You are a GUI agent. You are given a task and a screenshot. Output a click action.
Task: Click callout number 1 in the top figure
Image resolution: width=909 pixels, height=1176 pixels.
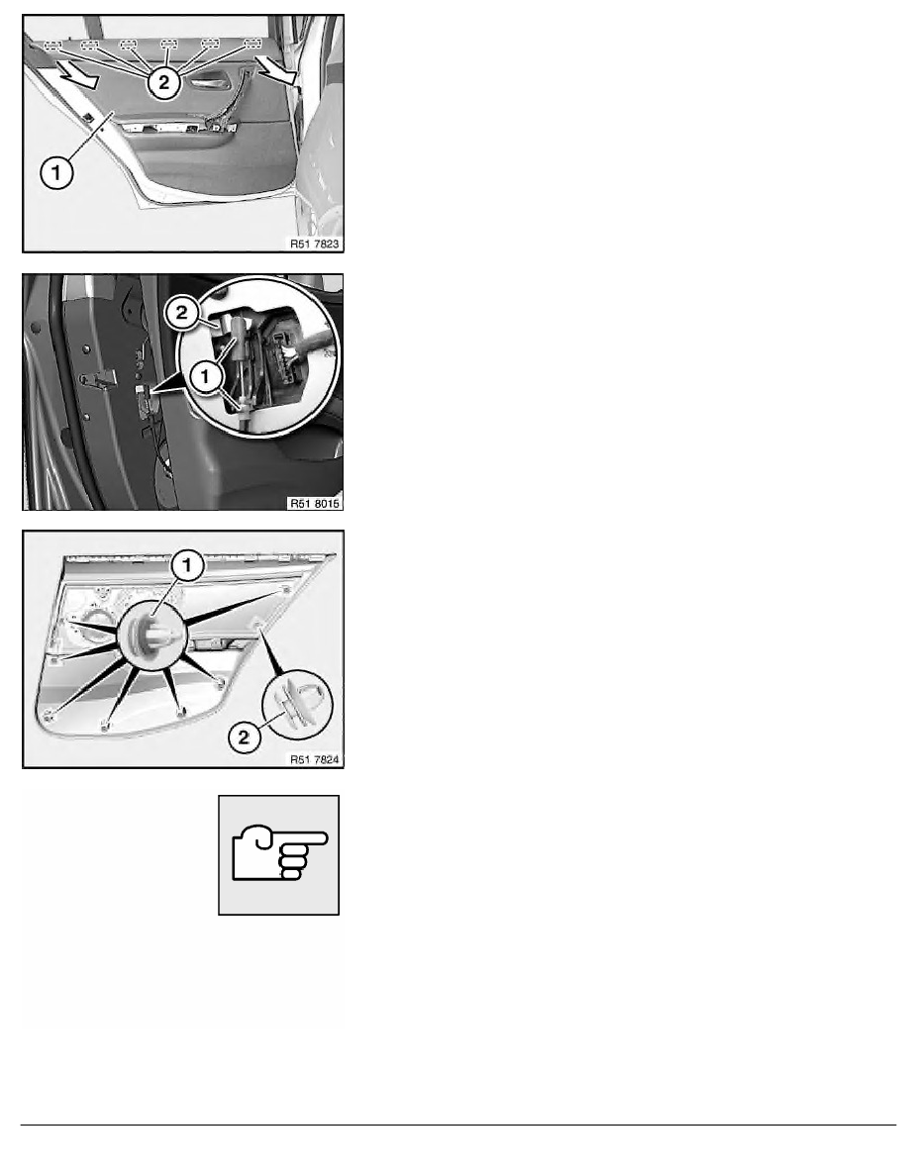(56, 173)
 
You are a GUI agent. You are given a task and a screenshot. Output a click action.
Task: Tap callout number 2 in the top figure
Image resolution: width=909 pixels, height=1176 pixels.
(164, 82)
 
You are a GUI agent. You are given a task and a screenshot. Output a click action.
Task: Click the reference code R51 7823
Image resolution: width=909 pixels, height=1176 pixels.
(314, 244)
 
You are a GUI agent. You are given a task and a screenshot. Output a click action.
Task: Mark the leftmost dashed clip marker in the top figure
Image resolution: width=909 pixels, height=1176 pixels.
(52, 45)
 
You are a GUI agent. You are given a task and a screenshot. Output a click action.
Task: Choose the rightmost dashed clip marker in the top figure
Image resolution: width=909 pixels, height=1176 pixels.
(252, 44)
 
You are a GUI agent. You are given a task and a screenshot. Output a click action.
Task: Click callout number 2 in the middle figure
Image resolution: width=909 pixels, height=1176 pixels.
(182, 313)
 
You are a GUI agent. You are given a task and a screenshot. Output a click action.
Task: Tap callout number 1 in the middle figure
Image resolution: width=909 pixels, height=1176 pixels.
(205, 376)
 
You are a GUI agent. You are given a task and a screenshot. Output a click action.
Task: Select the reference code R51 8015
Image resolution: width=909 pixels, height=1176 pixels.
(315, 503)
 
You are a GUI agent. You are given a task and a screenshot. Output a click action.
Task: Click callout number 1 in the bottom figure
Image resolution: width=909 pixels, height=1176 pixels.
(187, 565)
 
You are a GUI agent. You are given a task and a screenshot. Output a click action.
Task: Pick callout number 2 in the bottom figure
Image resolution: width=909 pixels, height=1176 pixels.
(244, 736)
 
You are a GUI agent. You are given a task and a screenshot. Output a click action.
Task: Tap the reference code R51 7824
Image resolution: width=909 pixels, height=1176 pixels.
(315, 760)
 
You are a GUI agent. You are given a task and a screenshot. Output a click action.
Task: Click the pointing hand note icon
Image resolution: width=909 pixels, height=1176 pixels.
(279, 854)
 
